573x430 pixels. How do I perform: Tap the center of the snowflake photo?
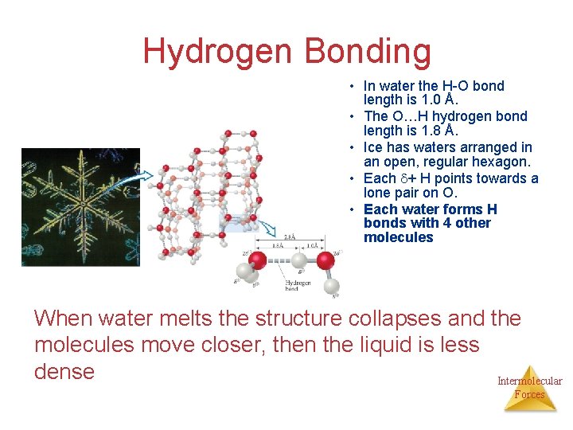pos(80,206)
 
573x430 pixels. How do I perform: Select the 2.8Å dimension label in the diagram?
pos(290,236)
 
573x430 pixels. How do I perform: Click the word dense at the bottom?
pos(64,371)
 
